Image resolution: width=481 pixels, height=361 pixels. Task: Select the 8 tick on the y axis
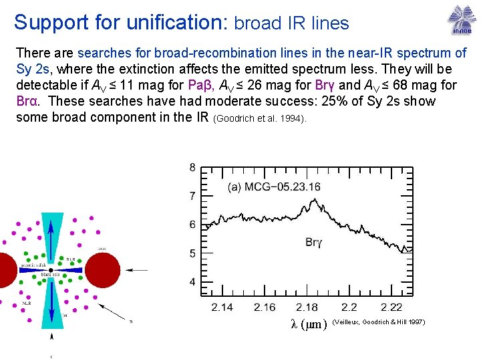coord(192,167)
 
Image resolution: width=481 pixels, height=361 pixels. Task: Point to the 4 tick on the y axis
coord(192,282)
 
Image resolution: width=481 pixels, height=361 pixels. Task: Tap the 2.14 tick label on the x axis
coord(222,307)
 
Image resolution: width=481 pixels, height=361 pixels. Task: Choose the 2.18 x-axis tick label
coord(307,307)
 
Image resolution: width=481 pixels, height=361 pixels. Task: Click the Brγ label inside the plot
coord(314,242)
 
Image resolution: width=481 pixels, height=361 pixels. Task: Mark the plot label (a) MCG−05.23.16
coord(274,187)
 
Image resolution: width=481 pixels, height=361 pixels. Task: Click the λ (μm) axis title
coord(309,324)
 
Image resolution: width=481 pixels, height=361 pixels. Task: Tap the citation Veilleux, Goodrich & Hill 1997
coord(378,323)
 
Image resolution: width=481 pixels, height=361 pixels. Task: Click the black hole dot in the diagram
coord(51,269)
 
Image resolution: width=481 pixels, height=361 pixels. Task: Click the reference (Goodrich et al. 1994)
coord(260,119)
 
